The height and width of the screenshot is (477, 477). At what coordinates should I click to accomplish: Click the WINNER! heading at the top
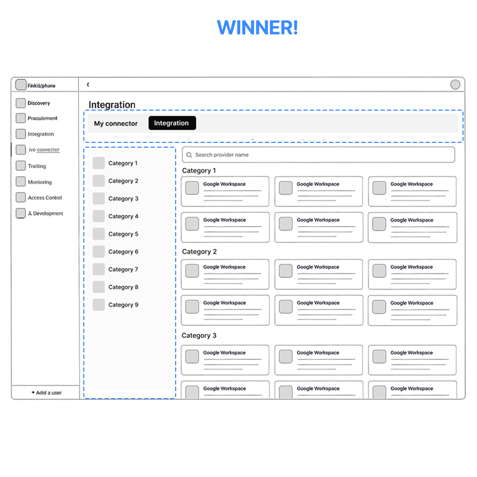[257, 27]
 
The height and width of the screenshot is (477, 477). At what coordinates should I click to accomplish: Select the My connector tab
[115, 124]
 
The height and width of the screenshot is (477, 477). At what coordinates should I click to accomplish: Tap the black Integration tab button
[172, 123]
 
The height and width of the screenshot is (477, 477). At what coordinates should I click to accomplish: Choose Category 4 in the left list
[123, 216]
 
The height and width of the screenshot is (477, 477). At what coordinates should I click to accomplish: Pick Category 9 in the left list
[123, 305]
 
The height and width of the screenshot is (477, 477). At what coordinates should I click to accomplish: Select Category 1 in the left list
[122, 163]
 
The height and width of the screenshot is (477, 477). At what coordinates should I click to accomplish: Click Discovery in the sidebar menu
[39, 103]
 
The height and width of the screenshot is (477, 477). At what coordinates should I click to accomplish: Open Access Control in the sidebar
[45, 198]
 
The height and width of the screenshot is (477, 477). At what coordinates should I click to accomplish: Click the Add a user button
[46, 393]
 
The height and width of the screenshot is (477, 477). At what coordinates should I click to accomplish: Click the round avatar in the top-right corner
[455, 85]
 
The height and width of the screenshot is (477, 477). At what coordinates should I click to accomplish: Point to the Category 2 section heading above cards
[199, 251]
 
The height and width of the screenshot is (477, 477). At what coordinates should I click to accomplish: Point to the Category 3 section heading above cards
[199, 336]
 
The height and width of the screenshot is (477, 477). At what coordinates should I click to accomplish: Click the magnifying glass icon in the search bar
[189, 155]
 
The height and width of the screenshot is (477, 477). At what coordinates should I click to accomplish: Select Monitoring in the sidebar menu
[40, 182]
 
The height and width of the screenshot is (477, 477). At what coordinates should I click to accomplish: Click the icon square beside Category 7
[99, 269]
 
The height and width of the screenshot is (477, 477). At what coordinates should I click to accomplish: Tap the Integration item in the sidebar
[41, 134]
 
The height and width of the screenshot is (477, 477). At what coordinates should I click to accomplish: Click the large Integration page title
[112, 105]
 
